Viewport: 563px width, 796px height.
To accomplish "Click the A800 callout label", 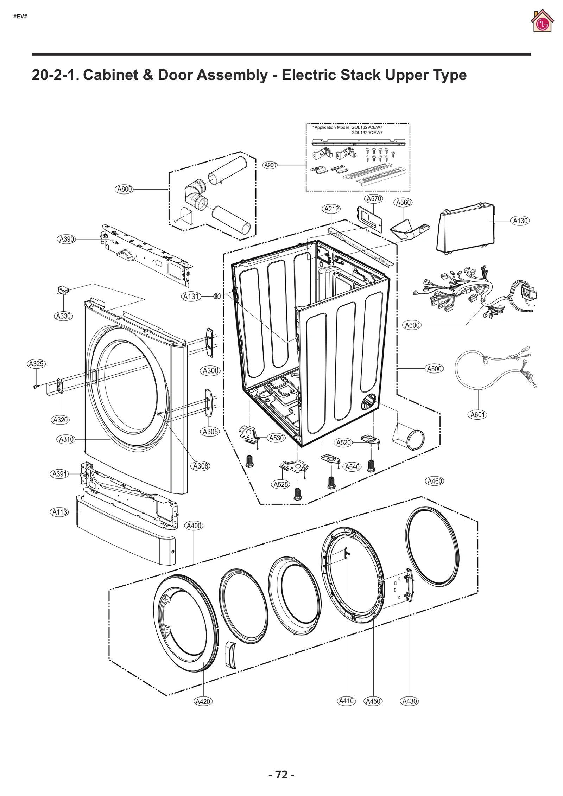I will pyautogui.click(x=124, y=189).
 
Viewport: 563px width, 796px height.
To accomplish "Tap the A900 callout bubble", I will pyautogui.click(x=270, y=165).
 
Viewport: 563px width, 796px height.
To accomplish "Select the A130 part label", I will pyautogui.click(x=520, y=221).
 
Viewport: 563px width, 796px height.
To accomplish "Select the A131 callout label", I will pyautogui.click(x=191, y=297).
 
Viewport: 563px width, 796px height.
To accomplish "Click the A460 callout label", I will pyautogui.click(x=435, y=481).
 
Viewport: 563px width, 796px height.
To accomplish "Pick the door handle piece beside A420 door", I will pyautogui.click(x=230, y=655).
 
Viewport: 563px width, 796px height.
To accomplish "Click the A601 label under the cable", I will pyautogui.click(x=478, y=415).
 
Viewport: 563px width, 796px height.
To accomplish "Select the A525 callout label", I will pyautogui.click(x=281, y=484).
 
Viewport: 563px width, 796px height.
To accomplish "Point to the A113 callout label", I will pyautogui.click(x=60, y=512).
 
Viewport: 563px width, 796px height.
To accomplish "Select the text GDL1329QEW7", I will pyautogui.click(x=367, y=133).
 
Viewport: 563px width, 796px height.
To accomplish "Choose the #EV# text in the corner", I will pyautogui.click(x=20, y=16).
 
